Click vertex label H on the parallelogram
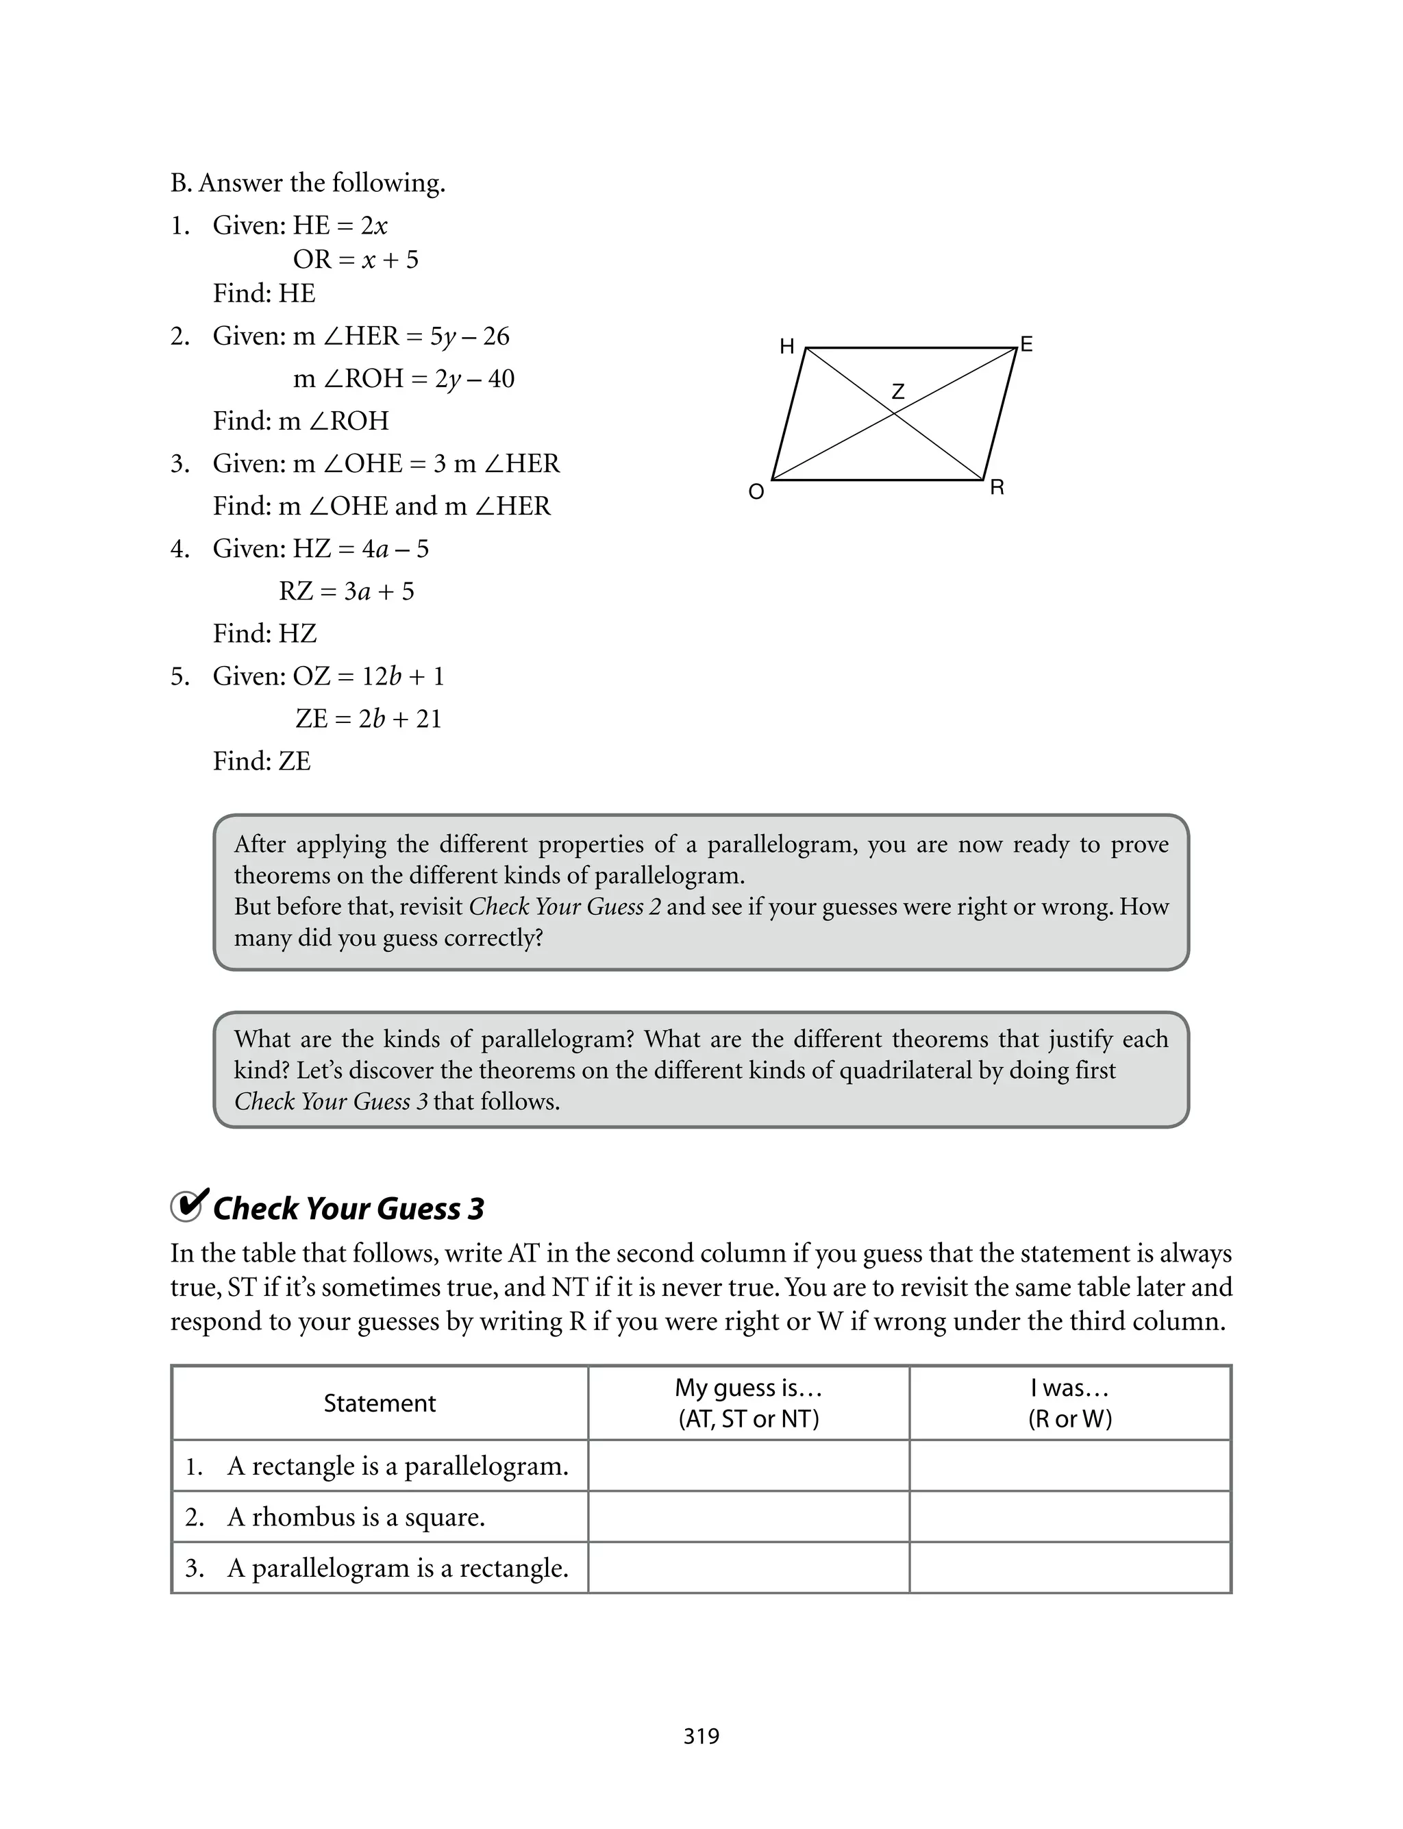[786, 347]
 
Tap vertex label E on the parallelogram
[1026, 344]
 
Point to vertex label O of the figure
[756, 492]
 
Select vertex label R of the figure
[997, 488]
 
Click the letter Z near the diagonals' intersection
[897, 391]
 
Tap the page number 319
[701, 1736]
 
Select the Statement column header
[380, 1403]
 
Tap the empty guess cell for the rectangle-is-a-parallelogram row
[748, 1466]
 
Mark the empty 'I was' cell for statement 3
[1070, 1568]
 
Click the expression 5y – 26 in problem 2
[469, 336]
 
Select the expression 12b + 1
[403, 676]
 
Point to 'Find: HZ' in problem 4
[264, 634]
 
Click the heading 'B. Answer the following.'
[308, 183]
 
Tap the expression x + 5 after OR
[390, 260]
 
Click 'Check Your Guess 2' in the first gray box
[565, 907]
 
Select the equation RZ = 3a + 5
[347, 591]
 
